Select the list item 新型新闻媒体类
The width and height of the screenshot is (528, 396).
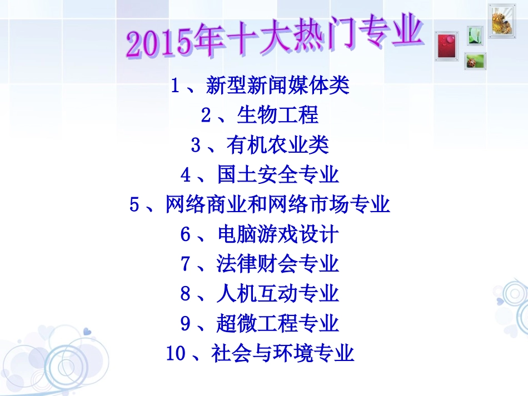click(x=277, y=86)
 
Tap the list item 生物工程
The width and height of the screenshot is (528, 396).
click(x=277, y=116)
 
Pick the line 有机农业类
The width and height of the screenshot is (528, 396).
click(x=277, y=146)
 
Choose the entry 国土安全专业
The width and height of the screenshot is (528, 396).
click(x=277, y=175)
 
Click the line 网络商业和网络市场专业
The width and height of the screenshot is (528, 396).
click(x=277, y=205)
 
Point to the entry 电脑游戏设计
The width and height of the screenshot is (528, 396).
click(x=277, y=234)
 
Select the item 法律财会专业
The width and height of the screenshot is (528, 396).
click(x=277, y=264)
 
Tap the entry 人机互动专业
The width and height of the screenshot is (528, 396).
click(x=277, y=293)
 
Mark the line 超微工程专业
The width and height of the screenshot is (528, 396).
click(x=277, y=323)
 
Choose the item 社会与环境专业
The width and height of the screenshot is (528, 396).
click(x=282, y=353)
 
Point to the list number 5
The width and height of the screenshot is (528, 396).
click(x=134, y=205)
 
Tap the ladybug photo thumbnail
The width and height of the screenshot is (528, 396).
click(x=476, y=61)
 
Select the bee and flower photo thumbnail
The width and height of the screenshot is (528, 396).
click(x=502, y=21)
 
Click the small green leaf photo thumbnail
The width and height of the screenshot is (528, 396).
click(x=475, y=35)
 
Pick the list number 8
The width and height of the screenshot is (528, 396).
click(x=185, y=294)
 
